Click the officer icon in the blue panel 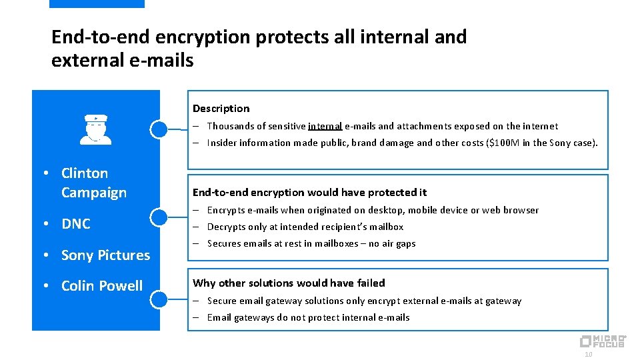[96, 129]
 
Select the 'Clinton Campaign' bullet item [93, 183]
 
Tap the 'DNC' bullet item [75, 224]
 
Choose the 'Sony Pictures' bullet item [105, 255]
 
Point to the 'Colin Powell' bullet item [101, 286]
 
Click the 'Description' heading [221, 109]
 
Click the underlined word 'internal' [325, 126]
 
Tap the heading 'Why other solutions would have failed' [289, 283]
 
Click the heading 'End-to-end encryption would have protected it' [309, 193]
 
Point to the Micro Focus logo [602, 341]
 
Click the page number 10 [588, 355]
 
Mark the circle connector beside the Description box [159, 129]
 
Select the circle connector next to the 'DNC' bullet [159, 217]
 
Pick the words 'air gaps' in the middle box [397, 244]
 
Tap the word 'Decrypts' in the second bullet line [225, 227]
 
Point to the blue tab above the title [97, 3]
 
